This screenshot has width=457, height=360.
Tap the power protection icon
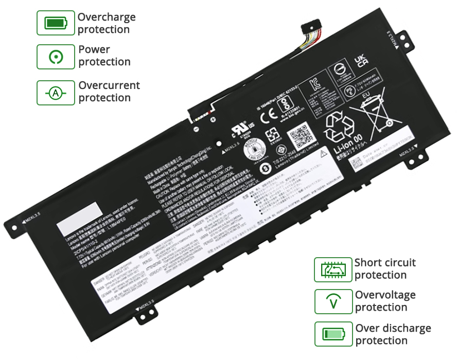click(56, 56)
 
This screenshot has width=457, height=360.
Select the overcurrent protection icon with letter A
click(56, 93)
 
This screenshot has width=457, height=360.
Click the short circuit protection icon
click(333, 269)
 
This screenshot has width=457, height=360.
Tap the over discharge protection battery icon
click(333, 335)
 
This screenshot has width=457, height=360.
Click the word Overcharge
click(107, 17)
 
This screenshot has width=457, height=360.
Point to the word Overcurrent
click(109, 85)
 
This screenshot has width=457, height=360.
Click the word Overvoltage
click(385, 295)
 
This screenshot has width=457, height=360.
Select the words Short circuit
click(385, 263)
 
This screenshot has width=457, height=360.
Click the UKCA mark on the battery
click(362, 62)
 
